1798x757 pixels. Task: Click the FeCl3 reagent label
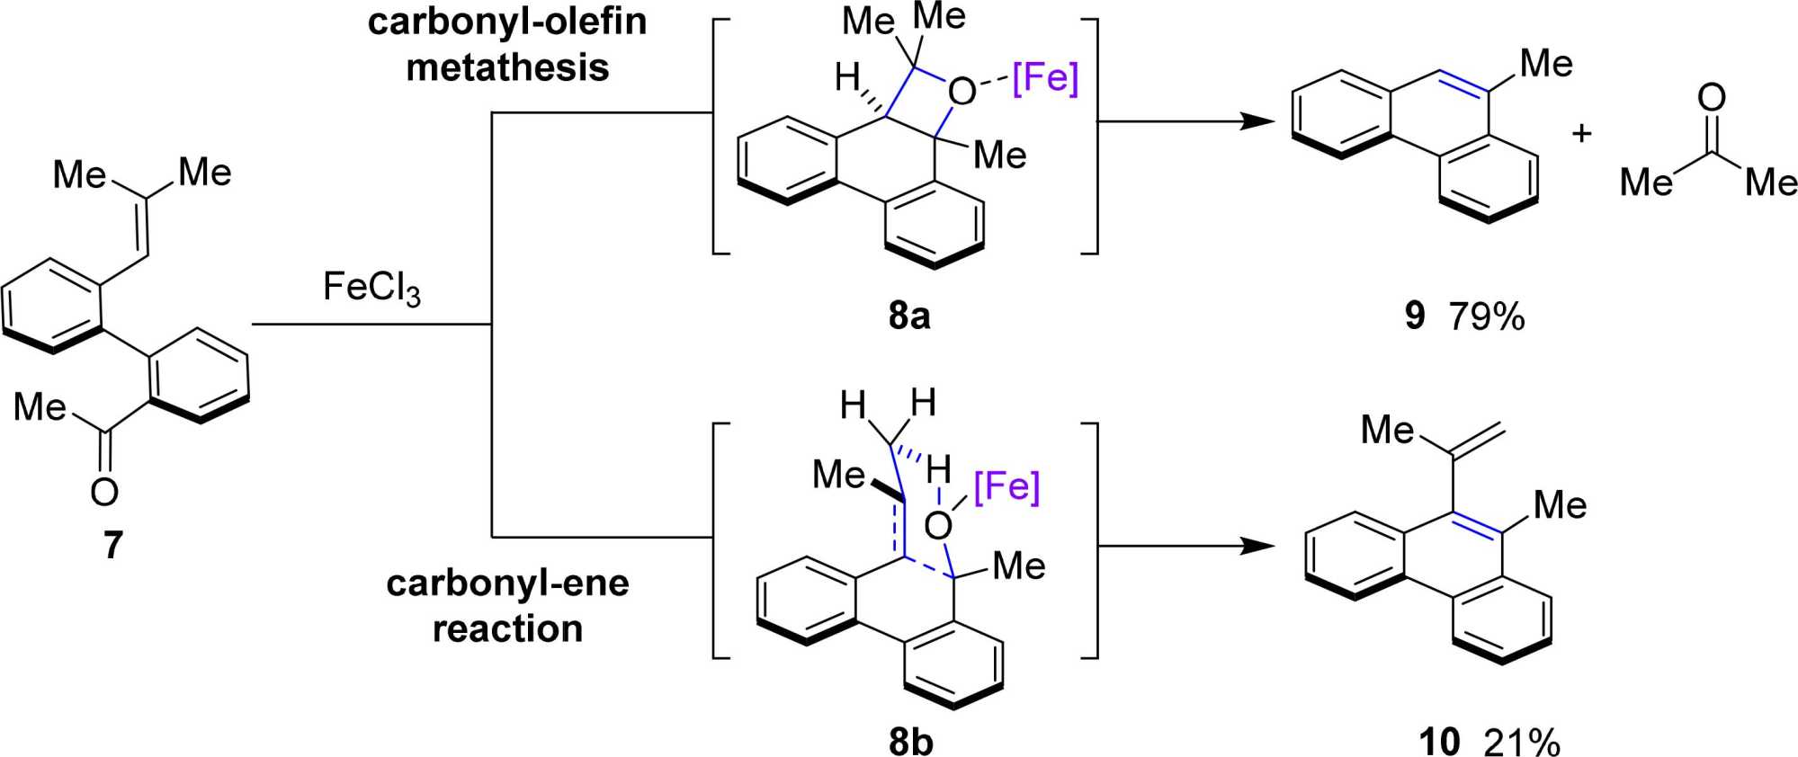371,289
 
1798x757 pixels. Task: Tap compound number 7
112,545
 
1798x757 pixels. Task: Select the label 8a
908,316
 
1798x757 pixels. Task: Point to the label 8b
910,742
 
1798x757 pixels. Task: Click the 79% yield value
1487,316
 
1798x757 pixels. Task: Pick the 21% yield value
1522,742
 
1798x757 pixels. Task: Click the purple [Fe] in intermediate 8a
1044,78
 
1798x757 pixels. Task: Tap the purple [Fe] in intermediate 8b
1006,486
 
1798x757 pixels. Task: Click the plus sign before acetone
1581,134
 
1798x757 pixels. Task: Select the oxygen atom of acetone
1711,97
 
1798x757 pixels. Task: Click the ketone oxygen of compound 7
104,491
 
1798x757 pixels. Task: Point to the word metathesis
507,67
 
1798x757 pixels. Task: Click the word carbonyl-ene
507,583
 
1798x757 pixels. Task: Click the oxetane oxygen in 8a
962,91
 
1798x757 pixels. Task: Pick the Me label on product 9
1545,64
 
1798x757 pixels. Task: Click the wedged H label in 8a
846,77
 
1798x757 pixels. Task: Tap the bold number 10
1439,742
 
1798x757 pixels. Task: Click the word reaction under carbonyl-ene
507,628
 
